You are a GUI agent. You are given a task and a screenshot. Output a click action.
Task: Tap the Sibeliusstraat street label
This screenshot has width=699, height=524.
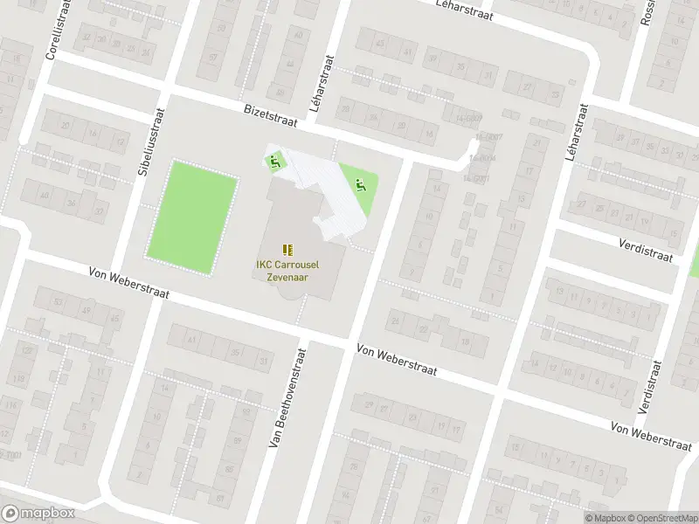coord(145,143)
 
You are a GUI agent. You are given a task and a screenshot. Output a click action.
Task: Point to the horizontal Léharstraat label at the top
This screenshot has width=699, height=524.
coord(464,10)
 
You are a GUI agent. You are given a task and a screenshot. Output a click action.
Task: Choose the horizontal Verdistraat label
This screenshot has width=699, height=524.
coord(646,251)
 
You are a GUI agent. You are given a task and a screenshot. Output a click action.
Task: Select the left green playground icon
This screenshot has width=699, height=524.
coord(274,161)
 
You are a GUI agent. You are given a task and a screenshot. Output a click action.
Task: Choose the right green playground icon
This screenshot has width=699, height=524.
coord(359,184)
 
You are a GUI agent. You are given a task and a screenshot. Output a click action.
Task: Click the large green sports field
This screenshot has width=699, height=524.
coord(194,216)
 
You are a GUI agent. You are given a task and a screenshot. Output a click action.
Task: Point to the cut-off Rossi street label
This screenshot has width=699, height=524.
coord(647,12)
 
